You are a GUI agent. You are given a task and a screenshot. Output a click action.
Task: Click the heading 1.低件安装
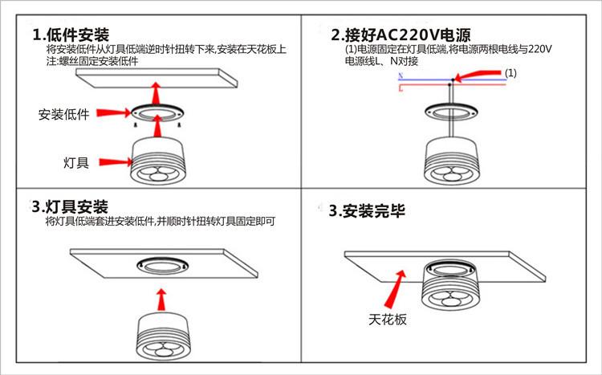pos(71,35)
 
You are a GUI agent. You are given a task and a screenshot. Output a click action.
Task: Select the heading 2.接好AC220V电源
pos(401,35)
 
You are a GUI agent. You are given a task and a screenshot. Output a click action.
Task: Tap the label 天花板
pos(388,319)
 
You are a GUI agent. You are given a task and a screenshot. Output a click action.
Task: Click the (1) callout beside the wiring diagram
pos(511,73)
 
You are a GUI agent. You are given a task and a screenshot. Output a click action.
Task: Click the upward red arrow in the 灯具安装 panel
pos(160,299)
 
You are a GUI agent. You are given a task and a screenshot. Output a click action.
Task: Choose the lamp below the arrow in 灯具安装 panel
pos(161,337)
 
